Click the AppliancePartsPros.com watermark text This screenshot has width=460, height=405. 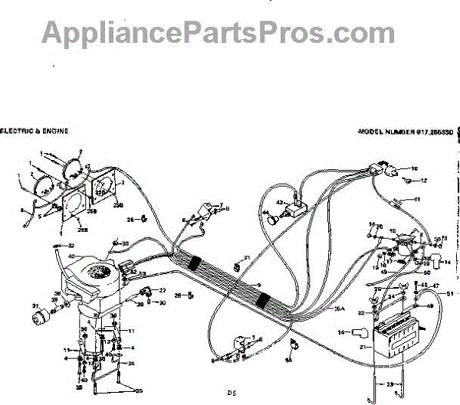click(x=219, y=32)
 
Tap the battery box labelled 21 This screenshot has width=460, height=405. click(x=396, y=338)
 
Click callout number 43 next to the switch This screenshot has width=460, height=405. click(x=281, y=202)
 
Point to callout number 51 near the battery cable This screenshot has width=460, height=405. click(x=450, y=294)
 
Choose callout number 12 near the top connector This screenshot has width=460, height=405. click(x=422, y=180)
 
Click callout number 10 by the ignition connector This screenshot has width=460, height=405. click(x=415, y=168)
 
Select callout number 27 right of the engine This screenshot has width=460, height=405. click(x=162, y=291)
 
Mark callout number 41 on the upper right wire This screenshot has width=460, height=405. click(x=418, y=200)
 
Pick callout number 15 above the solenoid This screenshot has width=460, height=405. click(x=392, y=230)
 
